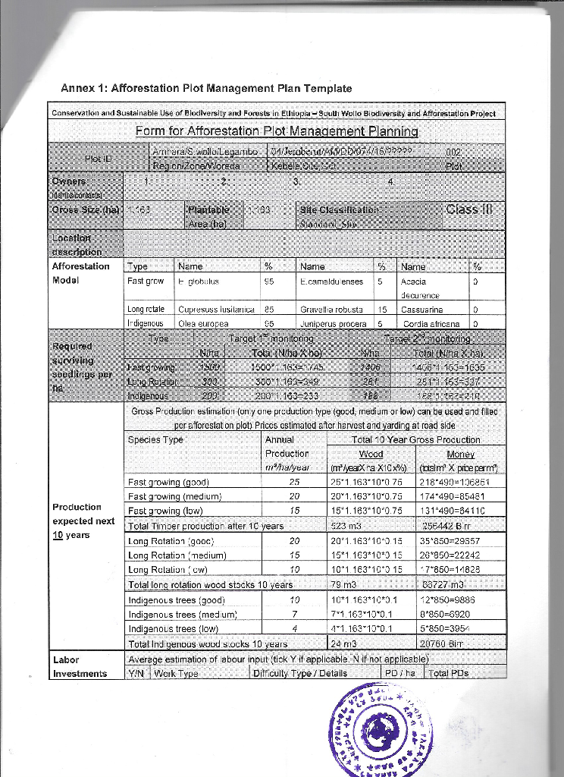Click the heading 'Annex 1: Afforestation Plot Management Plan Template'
click(x=206, y=89)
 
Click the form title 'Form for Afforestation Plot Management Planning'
click(x=277, y=131)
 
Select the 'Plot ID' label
click(x=98, y=159)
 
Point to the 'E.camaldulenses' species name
click(x=331, y=281)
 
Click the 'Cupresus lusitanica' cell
click(x=215, y=310)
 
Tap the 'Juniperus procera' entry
click(x=332, y=322)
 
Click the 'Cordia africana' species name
click(x=429, y=322)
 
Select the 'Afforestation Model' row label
click(x=80, y=273)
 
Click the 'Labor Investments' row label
click(x=80, y=667)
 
